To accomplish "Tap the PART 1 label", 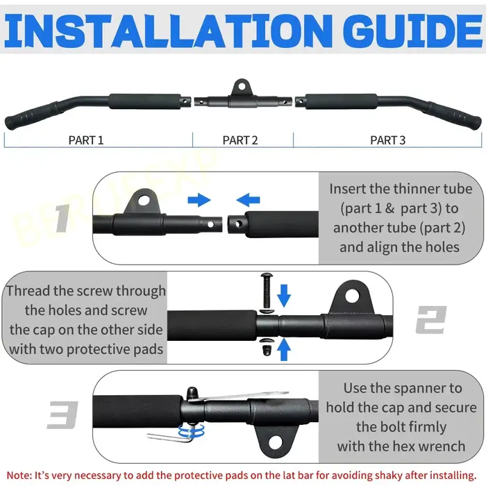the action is point(86,140).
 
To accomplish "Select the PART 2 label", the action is point(240,140).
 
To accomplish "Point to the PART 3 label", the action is point(387,140).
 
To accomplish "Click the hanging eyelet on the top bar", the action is point(242,87).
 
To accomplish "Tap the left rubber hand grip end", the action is point(29,116).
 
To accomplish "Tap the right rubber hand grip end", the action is point(455,116).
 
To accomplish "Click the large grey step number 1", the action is point(63,218).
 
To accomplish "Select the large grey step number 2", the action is point(431,319).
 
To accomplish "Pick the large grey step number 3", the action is point(62,414).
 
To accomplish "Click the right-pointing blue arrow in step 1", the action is point(199,200).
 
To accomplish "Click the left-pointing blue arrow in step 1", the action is point(248,200).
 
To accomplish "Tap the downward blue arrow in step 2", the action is point(284,296).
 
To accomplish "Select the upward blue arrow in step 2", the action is point(284,350).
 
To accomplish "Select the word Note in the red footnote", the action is point(18,476).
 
